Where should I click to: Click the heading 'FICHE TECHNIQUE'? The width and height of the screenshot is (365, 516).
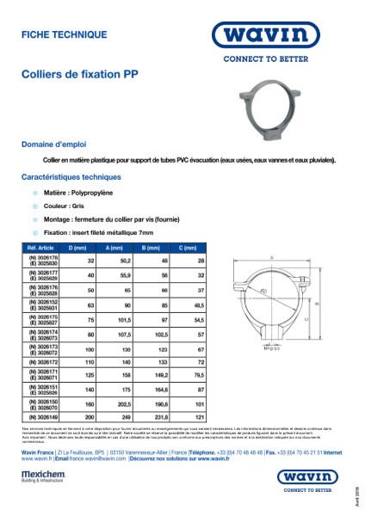(65, 34)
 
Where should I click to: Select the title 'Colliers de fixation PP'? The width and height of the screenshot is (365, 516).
(79, 76)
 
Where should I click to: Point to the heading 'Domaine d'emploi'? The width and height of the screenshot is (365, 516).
(53, 144)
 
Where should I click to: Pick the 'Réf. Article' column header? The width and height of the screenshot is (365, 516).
(41, 247)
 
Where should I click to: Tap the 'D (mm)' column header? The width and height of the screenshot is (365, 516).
(77, 247)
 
